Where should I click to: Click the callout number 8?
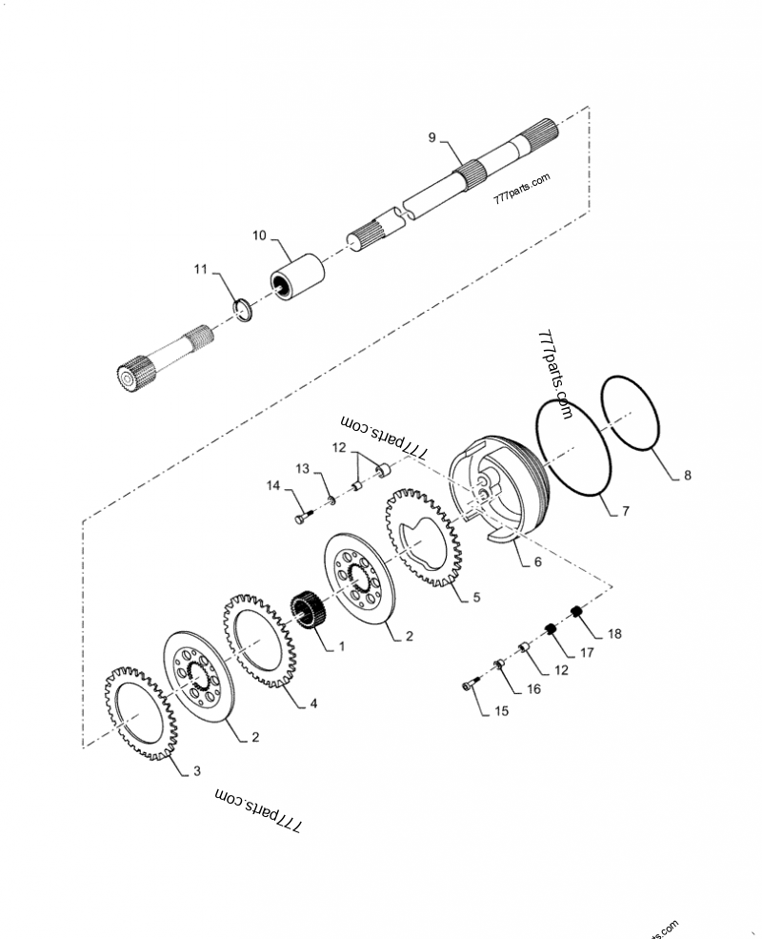(x=688, y=474)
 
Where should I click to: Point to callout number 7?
(x=625, y=512)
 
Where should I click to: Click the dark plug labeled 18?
(x=575, y=611)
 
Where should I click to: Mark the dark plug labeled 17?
(x=550, y=629)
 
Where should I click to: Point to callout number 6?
(x=537, y=562)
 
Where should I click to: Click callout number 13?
(x=302, y=468)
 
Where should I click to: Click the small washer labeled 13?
(x=330, y=499)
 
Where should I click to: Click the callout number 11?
(x=201, y=271)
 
